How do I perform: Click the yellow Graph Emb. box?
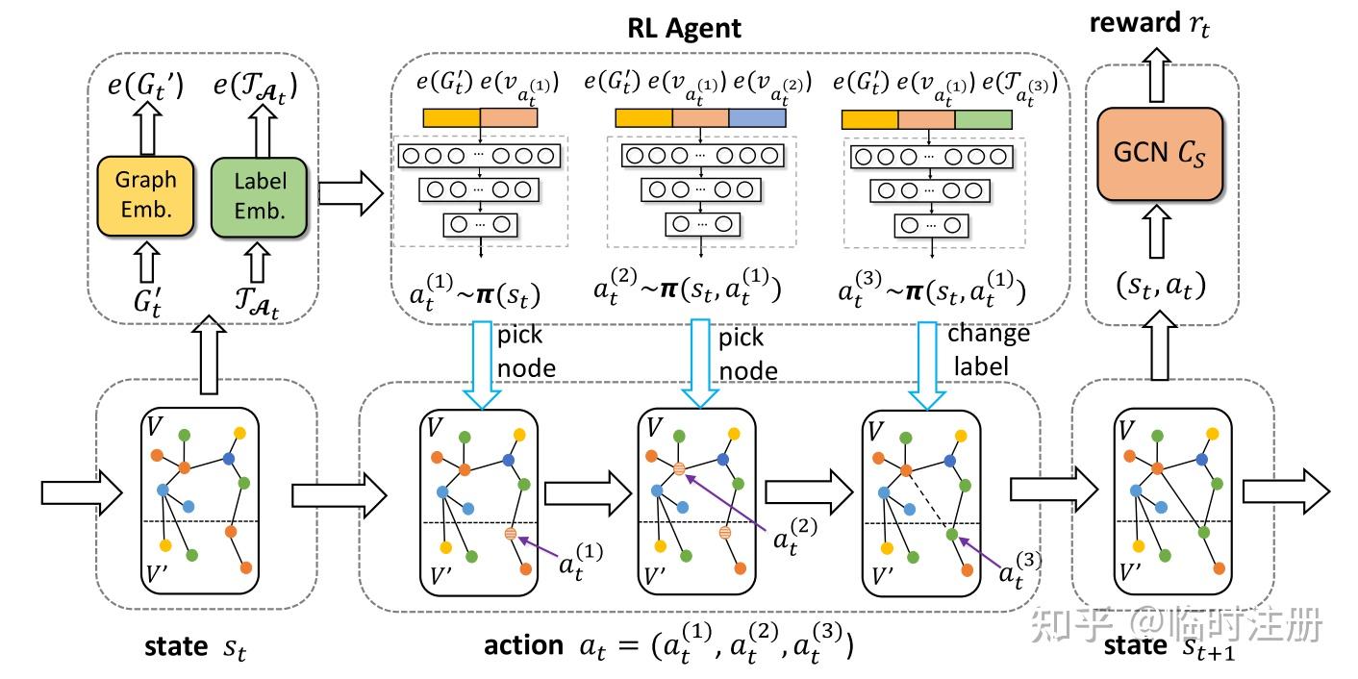point(146,195)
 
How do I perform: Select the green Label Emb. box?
point(259,195)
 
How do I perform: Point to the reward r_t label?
point(1149,23)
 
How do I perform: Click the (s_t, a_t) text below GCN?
point(1161,285)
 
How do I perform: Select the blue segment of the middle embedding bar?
point(757,118)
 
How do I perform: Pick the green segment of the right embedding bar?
point(983,119)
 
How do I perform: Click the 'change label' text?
point(988,350)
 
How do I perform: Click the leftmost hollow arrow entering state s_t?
point(82,493)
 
